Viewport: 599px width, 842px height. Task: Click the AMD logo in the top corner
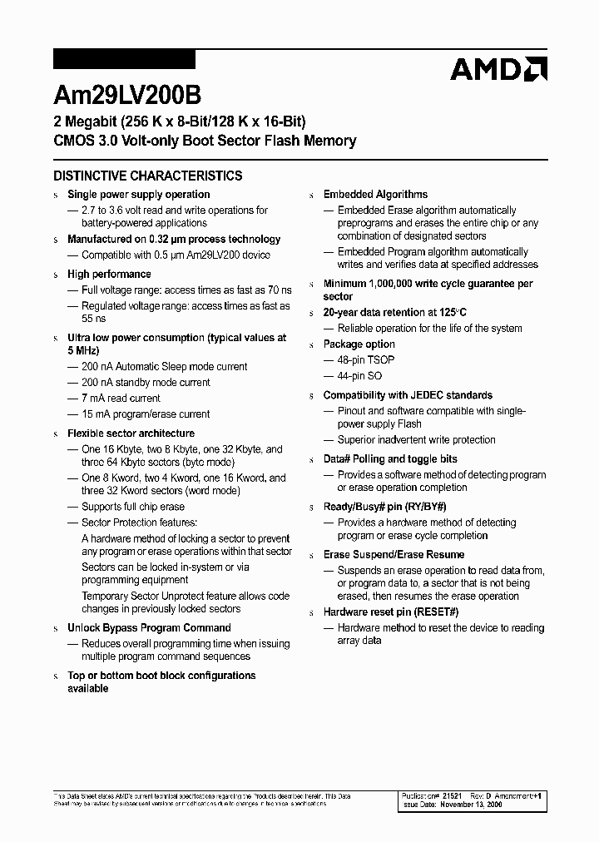[x=498, y=68]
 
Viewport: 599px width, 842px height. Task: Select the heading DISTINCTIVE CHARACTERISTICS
[x=148, y=176]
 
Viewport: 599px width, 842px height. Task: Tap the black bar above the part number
[x=124, y=60]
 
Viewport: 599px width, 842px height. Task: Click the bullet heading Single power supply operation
[x=138, y=194]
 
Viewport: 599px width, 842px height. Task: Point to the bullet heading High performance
[x=109, y=274]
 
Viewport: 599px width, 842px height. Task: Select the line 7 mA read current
[x=121, y=398]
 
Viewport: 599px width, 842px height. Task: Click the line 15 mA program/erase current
[x=146, y=414]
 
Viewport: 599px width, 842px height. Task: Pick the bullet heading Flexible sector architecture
[x=131, y=433]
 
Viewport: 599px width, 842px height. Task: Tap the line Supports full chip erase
[x=133, y=507]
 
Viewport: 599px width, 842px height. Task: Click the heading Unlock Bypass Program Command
[x=149, y=627]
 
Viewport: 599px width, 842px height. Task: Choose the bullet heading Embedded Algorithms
[x=375, y=194]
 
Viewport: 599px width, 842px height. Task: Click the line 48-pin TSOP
[x=366, y=359]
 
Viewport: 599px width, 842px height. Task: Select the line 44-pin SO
[x=360, y=375]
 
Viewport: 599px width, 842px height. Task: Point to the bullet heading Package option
[x=359, y=344]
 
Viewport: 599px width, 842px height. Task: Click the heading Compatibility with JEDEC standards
[x=408, y=395]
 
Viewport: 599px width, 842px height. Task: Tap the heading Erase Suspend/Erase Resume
[x=394, y=554]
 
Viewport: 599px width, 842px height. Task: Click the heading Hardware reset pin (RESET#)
[x=391, y=612]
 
